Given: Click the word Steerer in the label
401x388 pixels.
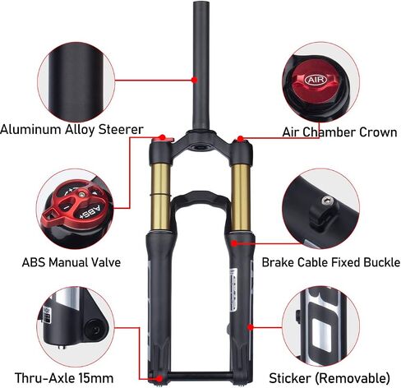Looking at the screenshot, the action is click(121, 129).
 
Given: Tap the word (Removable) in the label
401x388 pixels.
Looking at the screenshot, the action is click(353, 378).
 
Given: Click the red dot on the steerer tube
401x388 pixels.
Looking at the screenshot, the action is click(194, 80).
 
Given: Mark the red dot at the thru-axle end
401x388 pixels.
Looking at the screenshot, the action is click(159, 379).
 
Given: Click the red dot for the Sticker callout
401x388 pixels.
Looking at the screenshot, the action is click(251, 327).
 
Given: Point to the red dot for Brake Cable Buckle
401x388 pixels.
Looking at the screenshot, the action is click(234, 243).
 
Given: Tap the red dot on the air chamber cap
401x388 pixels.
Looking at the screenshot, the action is click(240, 139).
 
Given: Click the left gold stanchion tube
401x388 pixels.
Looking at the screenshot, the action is click(160, 196).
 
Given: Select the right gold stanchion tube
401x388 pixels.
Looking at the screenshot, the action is click(241, 196).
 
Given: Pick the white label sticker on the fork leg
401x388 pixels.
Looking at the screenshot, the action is click(233, 290).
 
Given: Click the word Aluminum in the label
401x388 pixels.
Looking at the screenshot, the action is click(31, 129).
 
